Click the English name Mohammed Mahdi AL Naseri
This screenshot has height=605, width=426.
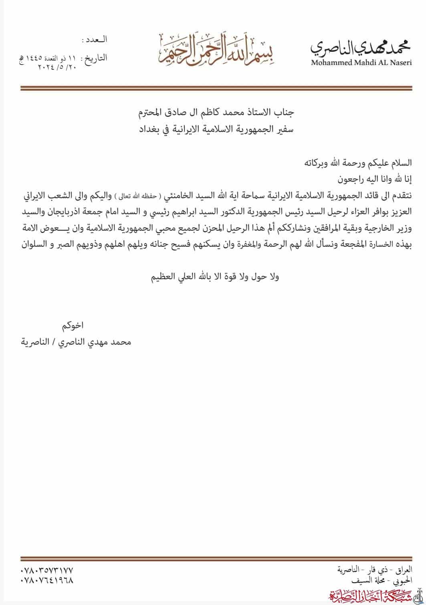[361, 63]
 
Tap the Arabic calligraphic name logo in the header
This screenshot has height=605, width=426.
[361, 47]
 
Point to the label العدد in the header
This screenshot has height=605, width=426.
[95, 40]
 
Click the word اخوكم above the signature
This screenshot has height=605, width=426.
[73, 325]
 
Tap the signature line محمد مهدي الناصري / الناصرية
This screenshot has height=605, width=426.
[76, 342]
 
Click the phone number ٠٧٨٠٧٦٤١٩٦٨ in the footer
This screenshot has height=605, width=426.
[47, 580]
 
